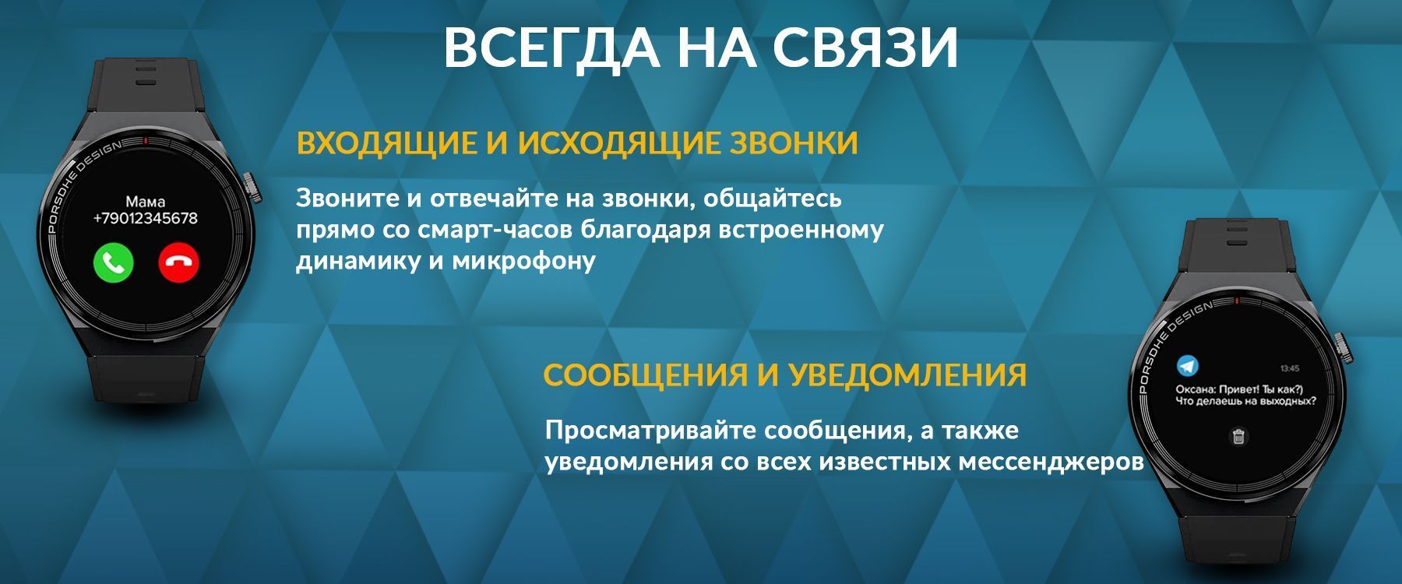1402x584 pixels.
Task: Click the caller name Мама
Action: (145, 202)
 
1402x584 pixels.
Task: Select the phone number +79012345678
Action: (145, 219)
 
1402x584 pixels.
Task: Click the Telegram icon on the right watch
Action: (1187, 365)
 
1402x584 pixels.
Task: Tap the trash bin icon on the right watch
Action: (1238, 436)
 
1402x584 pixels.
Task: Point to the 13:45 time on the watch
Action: (1290, 368)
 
